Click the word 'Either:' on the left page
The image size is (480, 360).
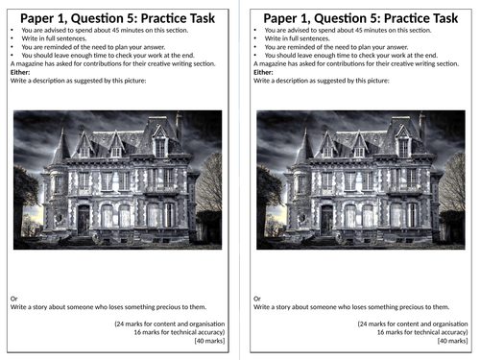coord(20,72)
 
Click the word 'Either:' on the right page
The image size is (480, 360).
coord(263,72)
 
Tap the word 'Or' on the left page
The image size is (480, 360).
coord(14,299)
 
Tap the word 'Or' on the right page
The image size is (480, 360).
coord(257,299)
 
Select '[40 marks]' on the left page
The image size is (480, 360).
coord(209,341)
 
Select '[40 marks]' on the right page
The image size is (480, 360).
coord(453,341)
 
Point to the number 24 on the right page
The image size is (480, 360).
coord(364,324)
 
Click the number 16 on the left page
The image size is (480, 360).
coord(137,332)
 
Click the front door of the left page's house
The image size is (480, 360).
coord(84,220)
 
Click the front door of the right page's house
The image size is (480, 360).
coord(326,220)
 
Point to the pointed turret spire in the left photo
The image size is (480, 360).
coord(61,146)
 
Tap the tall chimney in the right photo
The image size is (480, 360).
coord(422,127)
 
